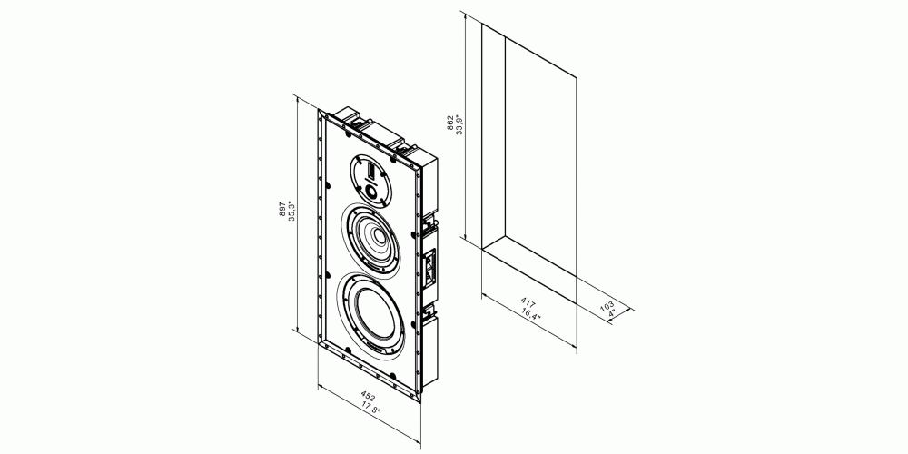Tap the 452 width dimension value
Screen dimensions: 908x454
pos(369,398)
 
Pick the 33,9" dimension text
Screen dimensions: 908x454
pos(459,124)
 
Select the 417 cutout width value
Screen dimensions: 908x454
pos(528,303)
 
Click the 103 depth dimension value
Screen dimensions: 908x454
pos(607,306)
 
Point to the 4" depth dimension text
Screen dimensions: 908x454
pos(613,312)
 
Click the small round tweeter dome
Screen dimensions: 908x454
pos(370,191)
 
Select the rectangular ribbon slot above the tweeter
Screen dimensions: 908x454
pos(370,171)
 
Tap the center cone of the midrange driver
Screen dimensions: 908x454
pos(377,236)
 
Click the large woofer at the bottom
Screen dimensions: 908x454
pos(373,314)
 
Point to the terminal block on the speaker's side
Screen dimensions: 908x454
pos(430,266)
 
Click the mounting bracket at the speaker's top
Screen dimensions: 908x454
pos(354,116)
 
